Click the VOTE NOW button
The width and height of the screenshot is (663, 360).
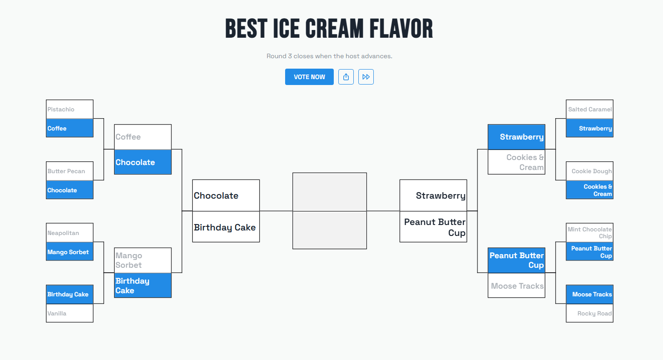coord(309,77)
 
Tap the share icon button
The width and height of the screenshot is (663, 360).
coord(346,77)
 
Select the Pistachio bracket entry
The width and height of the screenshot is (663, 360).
coord(70,110)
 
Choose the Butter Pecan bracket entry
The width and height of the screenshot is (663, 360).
coord(70,171)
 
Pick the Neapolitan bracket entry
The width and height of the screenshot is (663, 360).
coord(70,233)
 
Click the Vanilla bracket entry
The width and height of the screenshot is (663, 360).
coord(70,313)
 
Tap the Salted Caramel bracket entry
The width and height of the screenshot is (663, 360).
coord(589,110)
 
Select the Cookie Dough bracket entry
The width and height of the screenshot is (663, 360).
coord(589,171)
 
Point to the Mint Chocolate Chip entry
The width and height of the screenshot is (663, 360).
coord(589,233)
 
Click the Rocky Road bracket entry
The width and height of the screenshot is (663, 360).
coord(589,313)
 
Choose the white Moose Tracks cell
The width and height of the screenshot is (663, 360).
coord(516,286)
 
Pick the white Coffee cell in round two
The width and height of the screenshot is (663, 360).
coord(142,137)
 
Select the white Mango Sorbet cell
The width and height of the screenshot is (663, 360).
coord(142,260)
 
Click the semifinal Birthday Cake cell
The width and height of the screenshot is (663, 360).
coord(226,227)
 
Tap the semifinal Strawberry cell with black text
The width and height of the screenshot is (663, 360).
coord(433,195)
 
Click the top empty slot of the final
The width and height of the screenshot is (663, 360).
coord(329,192)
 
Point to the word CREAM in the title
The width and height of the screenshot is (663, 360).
coord(334,29)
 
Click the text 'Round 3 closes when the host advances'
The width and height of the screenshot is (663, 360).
coord(329,56)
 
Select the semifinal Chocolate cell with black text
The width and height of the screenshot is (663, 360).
coord(226,195)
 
